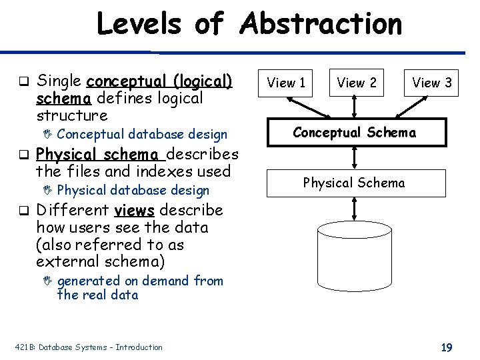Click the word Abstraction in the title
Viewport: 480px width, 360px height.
pos(321,24)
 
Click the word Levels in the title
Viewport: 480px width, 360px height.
pos(139,24)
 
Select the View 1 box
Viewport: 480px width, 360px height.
pos(286,83)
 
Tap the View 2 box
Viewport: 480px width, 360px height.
pos(357,83)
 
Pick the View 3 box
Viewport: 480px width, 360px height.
pos(432,83)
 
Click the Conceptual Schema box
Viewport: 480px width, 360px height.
pos(354,133)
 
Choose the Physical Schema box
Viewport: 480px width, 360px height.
pos(354,183)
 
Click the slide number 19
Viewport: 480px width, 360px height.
pos(447,347)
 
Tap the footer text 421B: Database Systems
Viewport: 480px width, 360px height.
pos(89,347)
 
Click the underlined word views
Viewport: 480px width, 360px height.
pos(134,211)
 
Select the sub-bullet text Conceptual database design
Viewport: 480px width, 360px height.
pos(142,135)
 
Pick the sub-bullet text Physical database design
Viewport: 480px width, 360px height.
pos(133,191)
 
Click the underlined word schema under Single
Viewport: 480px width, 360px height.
pos(64,99)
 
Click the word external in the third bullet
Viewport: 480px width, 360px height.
pos(64,261)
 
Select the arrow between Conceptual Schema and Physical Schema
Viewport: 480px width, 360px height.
pos(354,158)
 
